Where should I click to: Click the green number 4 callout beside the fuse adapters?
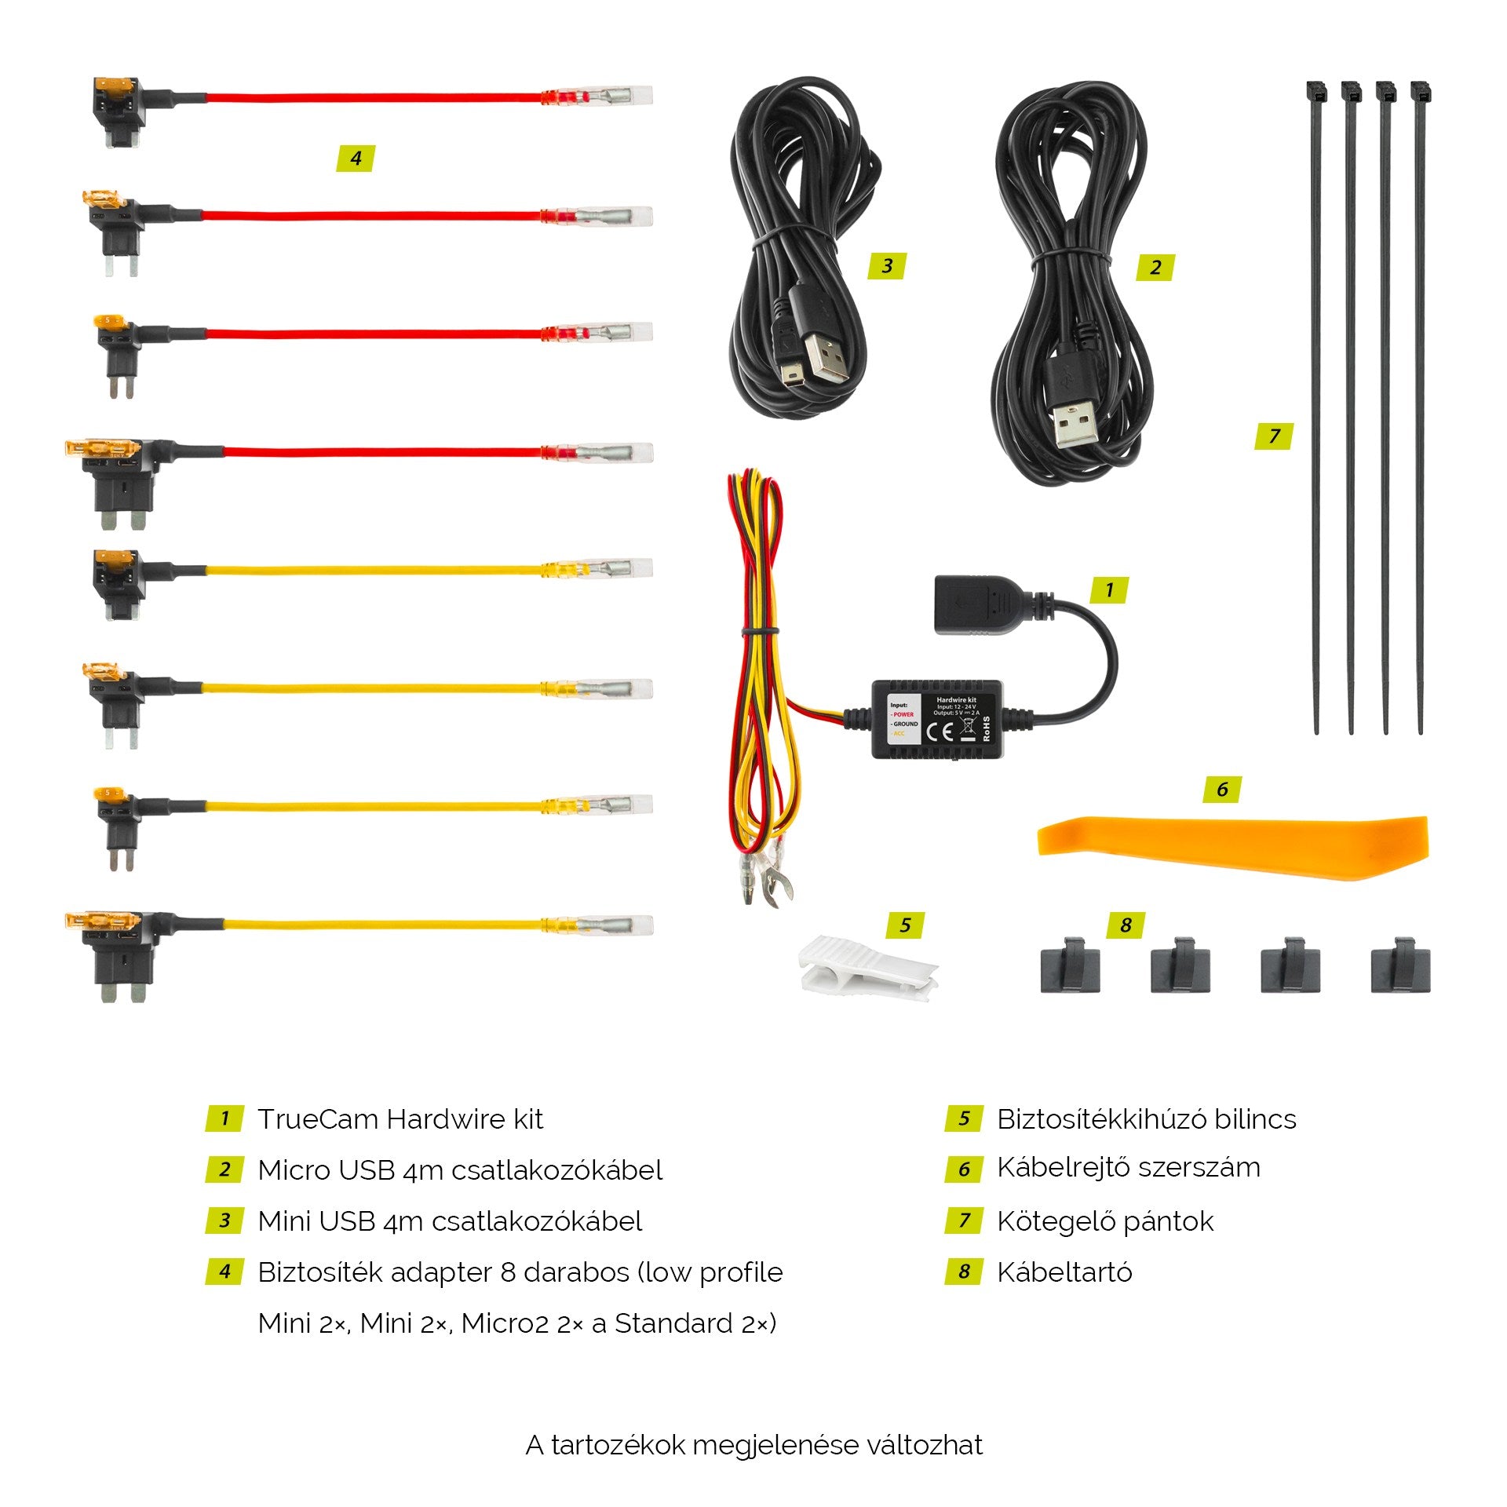tap(356, 159)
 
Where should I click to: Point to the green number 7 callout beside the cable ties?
tap(1274, 436)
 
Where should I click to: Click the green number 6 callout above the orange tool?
tap(1222, 790)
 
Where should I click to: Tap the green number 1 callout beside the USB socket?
tap(1109, 589)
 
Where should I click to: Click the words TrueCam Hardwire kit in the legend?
tap(400, 1119)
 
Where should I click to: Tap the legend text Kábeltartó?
tap(1064, 1272)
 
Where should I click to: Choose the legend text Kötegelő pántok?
tap(1105, 1221)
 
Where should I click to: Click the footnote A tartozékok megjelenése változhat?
tap(753, 1445)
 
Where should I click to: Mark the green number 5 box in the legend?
tap(964, 1118)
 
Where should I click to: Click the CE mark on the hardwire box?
tap(940, 732)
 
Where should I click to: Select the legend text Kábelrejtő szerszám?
tap(1129, 1168)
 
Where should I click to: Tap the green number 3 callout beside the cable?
tap(887, 266)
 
